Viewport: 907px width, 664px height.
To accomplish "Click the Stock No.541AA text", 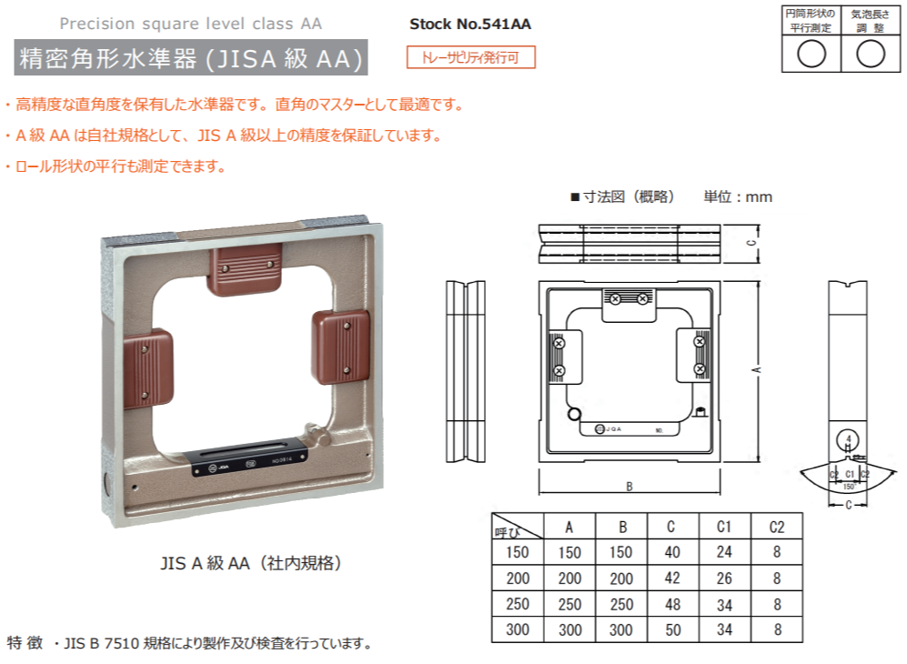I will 469,25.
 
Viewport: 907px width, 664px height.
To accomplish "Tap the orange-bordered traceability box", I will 470,57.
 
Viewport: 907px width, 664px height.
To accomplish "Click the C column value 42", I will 671,578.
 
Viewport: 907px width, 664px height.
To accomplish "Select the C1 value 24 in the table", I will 723,551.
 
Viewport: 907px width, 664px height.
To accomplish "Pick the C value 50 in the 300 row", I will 671,629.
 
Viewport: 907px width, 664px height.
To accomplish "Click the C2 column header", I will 776,526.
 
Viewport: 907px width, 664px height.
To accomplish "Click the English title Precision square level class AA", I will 190,24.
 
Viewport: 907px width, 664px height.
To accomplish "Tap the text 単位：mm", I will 738,196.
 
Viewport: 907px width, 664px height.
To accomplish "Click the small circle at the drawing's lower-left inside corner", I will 574,416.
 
